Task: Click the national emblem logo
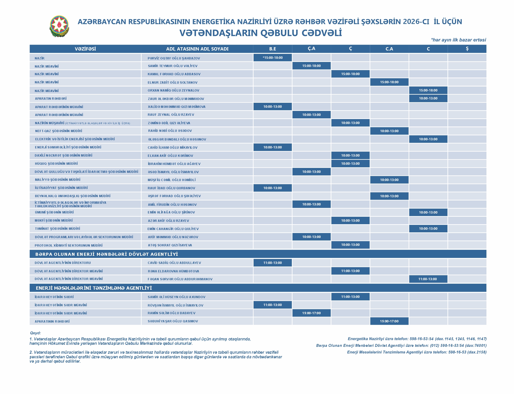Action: (x=59, y=26)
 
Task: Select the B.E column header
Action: (x=272, y=49)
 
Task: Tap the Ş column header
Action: (x=467, y=49)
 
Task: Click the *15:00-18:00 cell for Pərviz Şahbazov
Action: (x=272, y=58)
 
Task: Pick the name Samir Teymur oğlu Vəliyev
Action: (x=173, y=66)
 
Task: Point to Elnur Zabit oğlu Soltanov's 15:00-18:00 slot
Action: (x=389, y=82)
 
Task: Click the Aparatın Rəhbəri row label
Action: (x=51, y=99)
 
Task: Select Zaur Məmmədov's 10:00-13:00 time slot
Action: (x=428, y=98)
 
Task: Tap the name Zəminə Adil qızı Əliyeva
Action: (x=169, y=123)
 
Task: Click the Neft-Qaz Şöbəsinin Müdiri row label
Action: (x=59, y=131)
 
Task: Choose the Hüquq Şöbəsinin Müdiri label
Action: (x=56, y=164)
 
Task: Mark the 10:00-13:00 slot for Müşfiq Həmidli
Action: (x=389, y=180)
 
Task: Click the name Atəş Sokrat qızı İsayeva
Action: (x=170, y=245)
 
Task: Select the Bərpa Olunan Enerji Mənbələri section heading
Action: (x=107, y=254)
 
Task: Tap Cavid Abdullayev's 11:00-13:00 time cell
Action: (x=272, y=263)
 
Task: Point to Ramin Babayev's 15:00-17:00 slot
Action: (x=311, y=313)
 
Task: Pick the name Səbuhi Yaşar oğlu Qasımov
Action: (x=173, y=321)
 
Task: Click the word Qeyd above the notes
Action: (x=35, y=333)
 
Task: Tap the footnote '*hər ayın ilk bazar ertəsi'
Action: (x=458, y=40)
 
